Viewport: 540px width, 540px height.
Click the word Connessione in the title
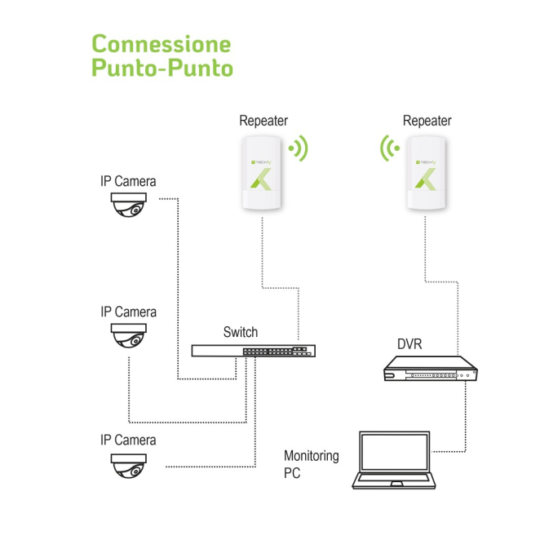(x=161, y=43)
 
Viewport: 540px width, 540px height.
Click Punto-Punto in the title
(x=162, y=67)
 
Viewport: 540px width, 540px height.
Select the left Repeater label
(x=263, y=121)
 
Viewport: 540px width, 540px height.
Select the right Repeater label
(x=427, y=121)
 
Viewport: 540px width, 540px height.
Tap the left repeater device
(x=263, y=175)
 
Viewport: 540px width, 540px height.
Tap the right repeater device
(x=427, y=175)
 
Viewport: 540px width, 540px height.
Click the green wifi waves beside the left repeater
(x=300, y=148)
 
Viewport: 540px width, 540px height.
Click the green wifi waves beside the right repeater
(x=390, y=148)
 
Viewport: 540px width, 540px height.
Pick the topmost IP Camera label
(x=128, y=181)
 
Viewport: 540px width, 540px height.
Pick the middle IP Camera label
(x=128, y=312)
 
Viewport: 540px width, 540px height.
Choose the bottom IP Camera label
(x=128, y=440)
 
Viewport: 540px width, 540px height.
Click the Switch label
(x=240, y=332)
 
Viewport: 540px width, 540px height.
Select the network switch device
(x=254, y=351)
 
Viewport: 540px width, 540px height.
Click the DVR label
(x=409, y=343)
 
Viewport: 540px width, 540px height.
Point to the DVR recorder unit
(x=430, y=371)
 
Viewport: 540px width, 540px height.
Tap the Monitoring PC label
(x=310, y=464)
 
